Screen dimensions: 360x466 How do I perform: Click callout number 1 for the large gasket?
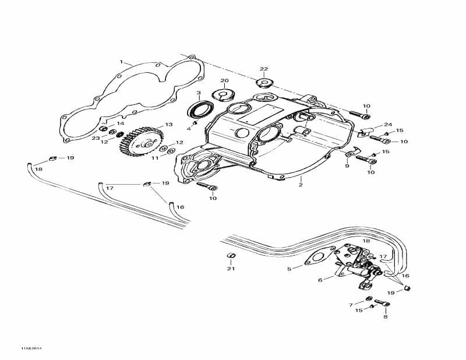pos(121,62)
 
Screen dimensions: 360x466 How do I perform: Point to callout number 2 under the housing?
pos(301,185)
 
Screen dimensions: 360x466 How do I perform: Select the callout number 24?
pos(388,125)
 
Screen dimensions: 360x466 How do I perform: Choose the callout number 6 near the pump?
pos(320,280)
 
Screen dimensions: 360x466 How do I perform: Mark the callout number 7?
pos(351,304)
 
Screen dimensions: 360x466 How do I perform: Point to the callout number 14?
pos(121,124)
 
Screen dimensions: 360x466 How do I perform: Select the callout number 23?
pos(95,137)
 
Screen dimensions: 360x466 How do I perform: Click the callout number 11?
pos(155,158)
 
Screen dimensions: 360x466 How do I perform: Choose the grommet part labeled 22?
pos(264,83)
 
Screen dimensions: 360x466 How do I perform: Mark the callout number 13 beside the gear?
pos(169,125)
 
